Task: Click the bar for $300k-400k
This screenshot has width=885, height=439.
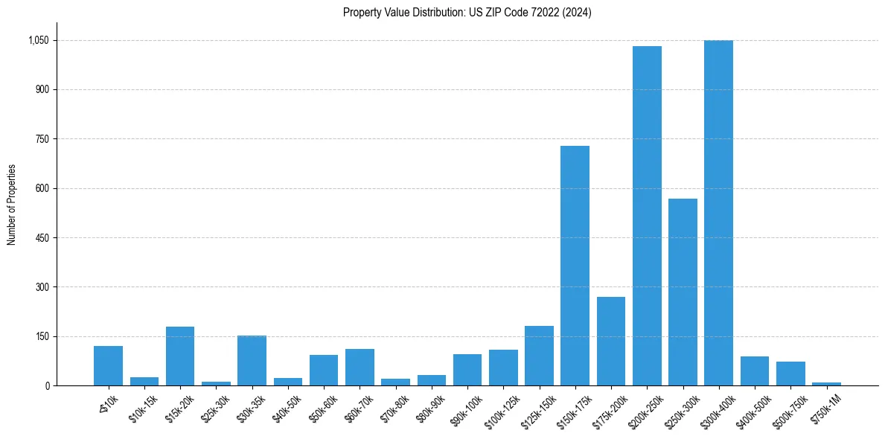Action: coord(718,213)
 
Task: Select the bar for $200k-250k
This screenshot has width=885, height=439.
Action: coord(647,216)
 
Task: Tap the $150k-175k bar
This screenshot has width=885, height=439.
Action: coord(575,266)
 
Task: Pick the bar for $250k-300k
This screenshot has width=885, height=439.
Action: coord(683,292)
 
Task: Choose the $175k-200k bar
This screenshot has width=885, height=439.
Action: coord(611,341)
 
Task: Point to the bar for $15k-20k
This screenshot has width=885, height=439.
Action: coord(180,356)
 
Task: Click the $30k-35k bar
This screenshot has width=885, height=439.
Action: coord(252,360)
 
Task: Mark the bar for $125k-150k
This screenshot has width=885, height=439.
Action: coord(539,356)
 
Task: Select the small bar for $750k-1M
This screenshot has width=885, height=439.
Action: coord(826,383)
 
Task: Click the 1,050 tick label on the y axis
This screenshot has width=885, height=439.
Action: coord(37,40)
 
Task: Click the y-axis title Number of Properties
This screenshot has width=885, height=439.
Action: coord(12,205)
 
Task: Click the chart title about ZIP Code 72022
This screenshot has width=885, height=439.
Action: coord(467,12)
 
